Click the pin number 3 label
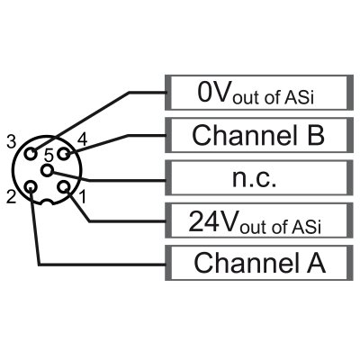click(x=11, y=141)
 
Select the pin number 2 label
click(x=12, y=194)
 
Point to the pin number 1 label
click(x=82, y=194)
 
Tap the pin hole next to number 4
click(x=63, y=154)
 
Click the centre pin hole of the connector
click(x=47, y=168)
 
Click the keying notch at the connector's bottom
click(x=47, y=206)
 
